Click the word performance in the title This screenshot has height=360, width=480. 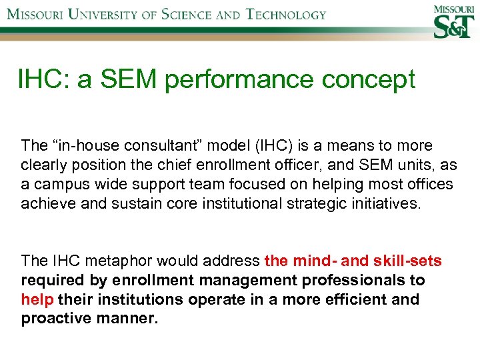[x=240, y=79]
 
